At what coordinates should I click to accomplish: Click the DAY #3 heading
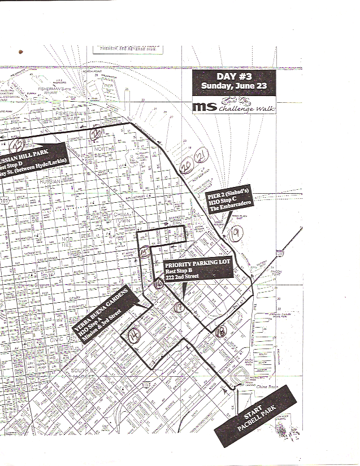[x=233, y=77]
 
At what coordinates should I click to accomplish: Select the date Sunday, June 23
[x=233, y=86]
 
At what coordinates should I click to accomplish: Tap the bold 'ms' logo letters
[x=201, y=106]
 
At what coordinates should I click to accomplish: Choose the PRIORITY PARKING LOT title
[x=196, y=264]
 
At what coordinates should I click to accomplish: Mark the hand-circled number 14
[x=135, y=334]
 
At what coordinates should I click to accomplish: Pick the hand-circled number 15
[x=145, y=252]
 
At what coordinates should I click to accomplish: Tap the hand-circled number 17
[x=180, y=308]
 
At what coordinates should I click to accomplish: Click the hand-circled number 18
[x=221, y=331]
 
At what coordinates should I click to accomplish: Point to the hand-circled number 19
[x=237, y=230]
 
